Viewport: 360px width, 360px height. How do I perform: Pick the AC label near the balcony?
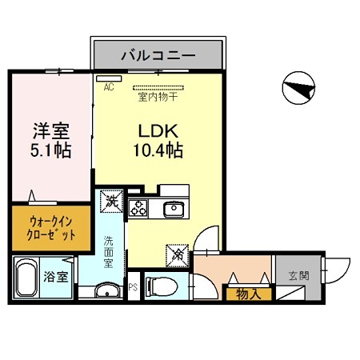click(109, 88)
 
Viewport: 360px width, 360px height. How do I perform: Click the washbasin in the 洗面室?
click(106, 290)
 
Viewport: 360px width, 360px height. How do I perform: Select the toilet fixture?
click(160, 285)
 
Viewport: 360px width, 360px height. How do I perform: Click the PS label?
click(133, 286)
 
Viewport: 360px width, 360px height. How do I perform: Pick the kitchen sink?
click(174, 210)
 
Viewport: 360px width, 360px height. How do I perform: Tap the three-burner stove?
click(138, 210)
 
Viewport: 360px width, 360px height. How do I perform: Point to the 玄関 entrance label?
click(298, 278)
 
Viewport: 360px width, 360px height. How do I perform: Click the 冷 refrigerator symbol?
click(177, 256)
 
